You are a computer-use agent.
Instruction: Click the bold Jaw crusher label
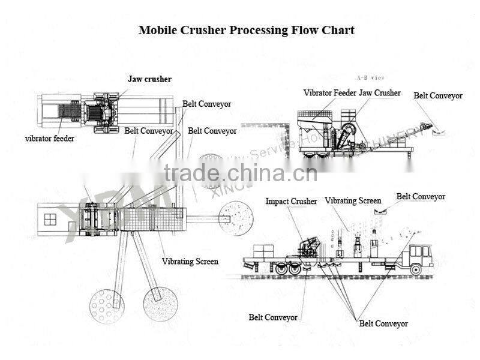point(149,79)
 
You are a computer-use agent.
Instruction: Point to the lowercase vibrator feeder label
point(50,138)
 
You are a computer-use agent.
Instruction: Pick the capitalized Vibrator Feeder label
point(329,93)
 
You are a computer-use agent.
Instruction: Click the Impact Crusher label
point(291,202)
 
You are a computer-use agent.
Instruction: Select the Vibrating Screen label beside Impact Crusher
point(353,201)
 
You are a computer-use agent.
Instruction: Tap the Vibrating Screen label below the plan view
point(190,262)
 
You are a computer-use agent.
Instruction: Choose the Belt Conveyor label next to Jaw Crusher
point(438,95)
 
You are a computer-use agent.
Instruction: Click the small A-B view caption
point(370,78)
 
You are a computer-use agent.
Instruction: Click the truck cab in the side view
point(420,255)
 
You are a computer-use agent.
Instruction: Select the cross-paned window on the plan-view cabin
point(50,220)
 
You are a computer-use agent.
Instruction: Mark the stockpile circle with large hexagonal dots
point(106,306)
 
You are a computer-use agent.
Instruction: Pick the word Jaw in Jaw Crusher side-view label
point(367,93)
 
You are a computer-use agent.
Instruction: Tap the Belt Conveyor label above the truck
point(421,196)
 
